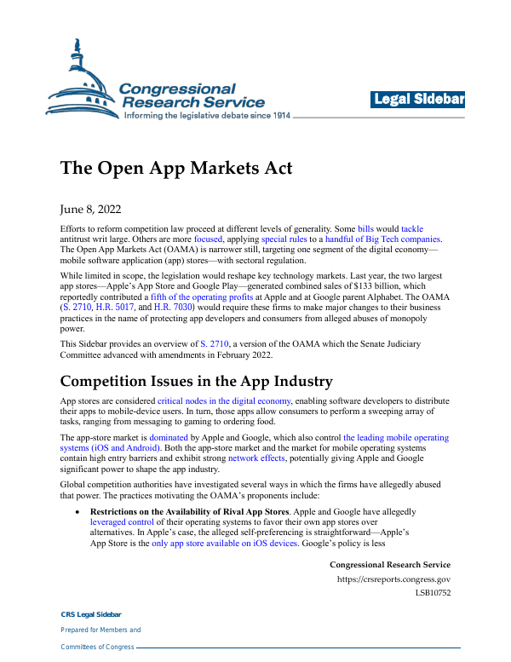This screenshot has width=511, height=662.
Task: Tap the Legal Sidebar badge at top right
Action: pos(418,100)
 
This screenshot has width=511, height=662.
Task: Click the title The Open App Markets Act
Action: pos(176,168)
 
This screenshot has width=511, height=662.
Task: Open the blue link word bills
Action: pos(365,230)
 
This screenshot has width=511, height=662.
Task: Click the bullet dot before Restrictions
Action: pos(78,511)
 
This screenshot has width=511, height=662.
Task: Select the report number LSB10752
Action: pos(433,593)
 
